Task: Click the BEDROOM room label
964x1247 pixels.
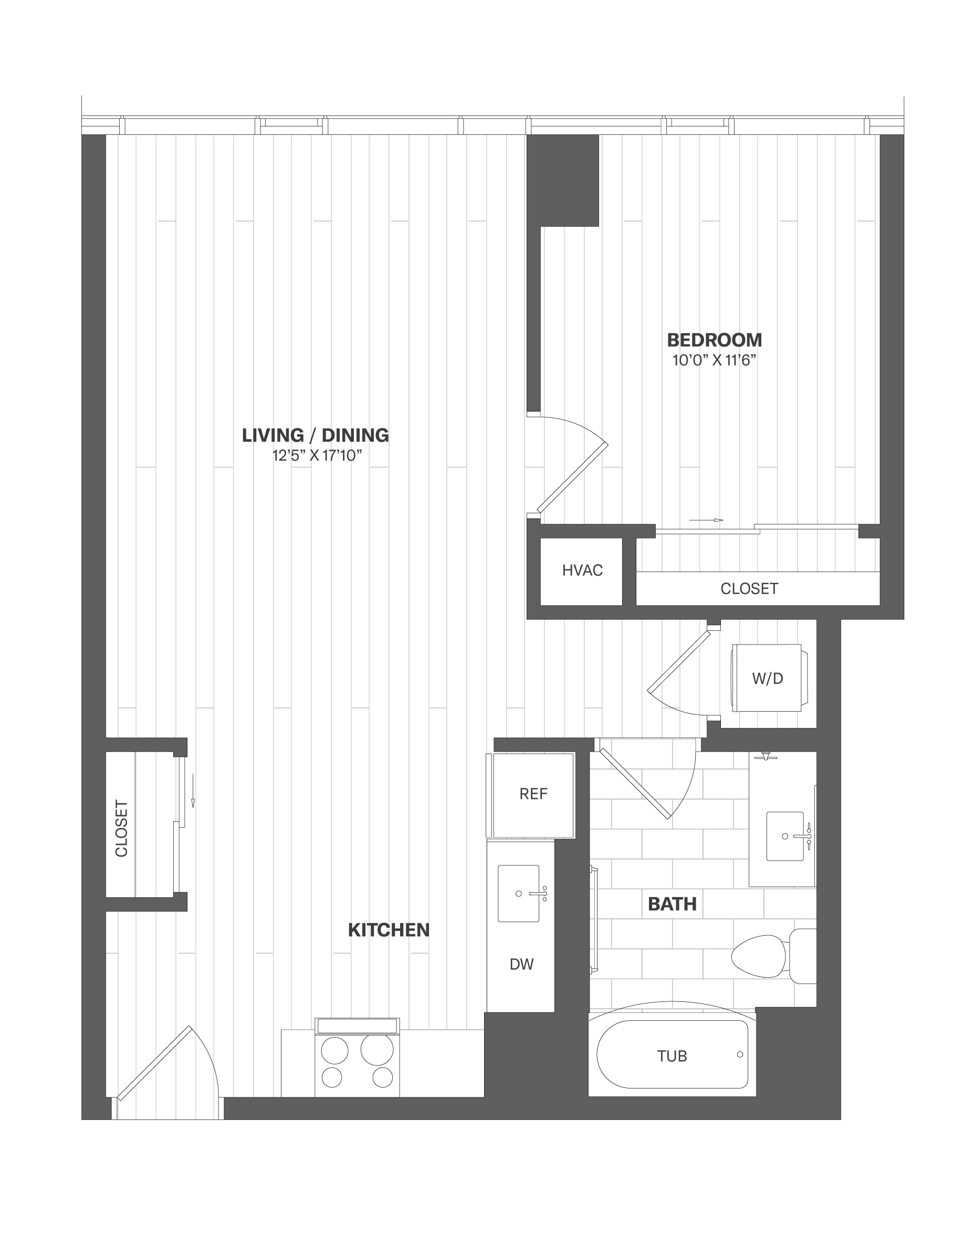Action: coord(715,340)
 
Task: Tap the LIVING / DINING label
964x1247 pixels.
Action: coord(315,436)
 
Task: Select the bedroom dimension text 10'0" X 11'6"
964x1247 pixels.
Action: coord(715,361)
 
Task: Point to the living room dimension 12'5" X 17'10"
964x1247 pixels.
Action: coord(317,456)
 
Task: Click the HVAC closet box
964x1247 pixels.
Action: coord(581,571)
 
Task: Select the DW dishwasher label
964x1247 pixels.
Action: coord(521,964)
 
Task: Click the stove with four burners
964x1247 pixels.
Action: coord(358,1057)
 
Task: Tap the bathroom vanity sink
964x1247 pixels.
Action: coord(785,837)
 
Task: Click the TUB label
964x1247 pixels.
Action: coord(672,1056)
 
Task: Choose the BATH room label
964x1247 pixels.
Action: coord(672,904)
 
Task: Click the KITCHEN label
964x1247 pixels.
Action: coord(389,930)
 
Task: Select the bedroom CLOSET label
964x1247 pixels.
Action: coord(749,589)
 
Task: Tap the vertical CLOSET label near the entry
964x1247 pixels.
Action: coord(122,829)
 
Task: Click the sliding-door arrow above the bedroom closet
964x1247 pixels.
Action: coord(706,520)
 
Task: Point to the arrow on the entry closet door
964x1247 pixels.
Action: coord(193,790)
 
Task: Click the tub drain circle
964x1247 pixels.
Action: coord(740,1054)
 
